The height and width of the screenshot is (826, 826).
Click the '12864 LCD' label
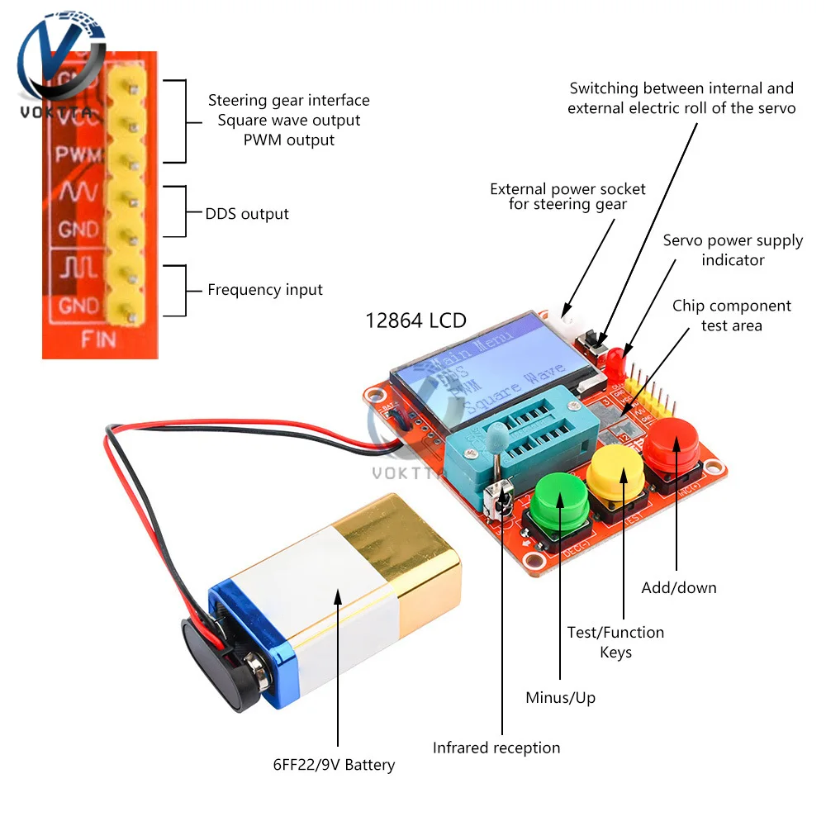coord(415,320)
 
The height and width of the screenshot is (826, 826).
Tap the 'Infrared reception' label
coord(496,748)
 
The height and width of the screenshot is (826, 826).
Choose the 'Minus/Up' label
coord(560,698)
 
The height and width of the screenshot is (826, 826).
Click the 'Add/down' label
coord(679,588)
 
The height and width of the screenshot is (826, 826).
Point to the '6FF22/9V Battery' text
coord(334,765)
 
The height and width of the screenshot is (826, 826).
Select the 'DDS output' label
coord(247,214)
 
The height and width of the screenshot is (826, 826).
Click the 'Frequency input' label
coord(265,290)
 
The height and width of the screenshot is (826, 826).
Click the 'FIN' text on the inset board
coord(97,339)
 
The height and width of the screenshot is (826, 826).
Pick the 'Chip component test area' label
coord(731,316)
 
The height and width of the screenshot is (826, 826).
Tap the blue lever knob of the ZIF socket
coord(497,434)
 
